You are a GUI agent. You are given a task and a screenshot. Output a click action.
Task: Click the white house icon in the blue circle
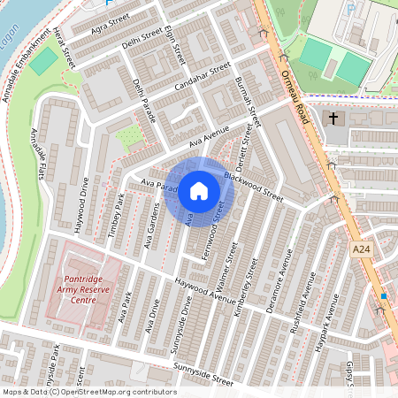pyautogui.click(x=198, y=190)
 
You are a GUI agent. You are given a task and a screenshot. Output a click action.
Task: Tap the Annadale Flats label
pyautogui.click(x=40, y=151)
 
